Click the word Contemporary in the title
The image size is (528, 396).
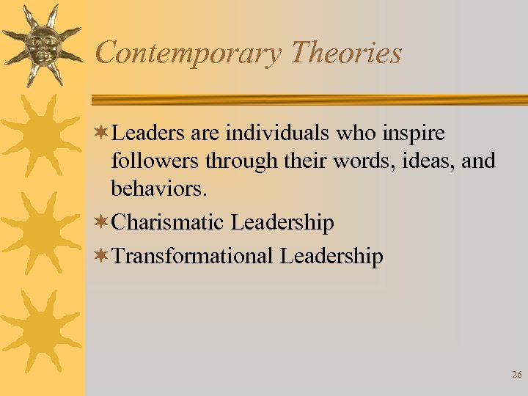pos(188,54)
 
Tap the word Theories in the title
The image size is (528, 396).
pos(346,53)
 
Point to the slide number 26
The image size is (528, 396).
pos(516,375)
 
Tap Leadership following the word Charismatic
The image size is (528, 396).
pos(282,223)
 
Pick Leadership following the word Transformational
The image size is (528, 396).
pos(331,257)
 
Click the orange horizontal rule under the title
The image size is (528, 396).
pos(308,100)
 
